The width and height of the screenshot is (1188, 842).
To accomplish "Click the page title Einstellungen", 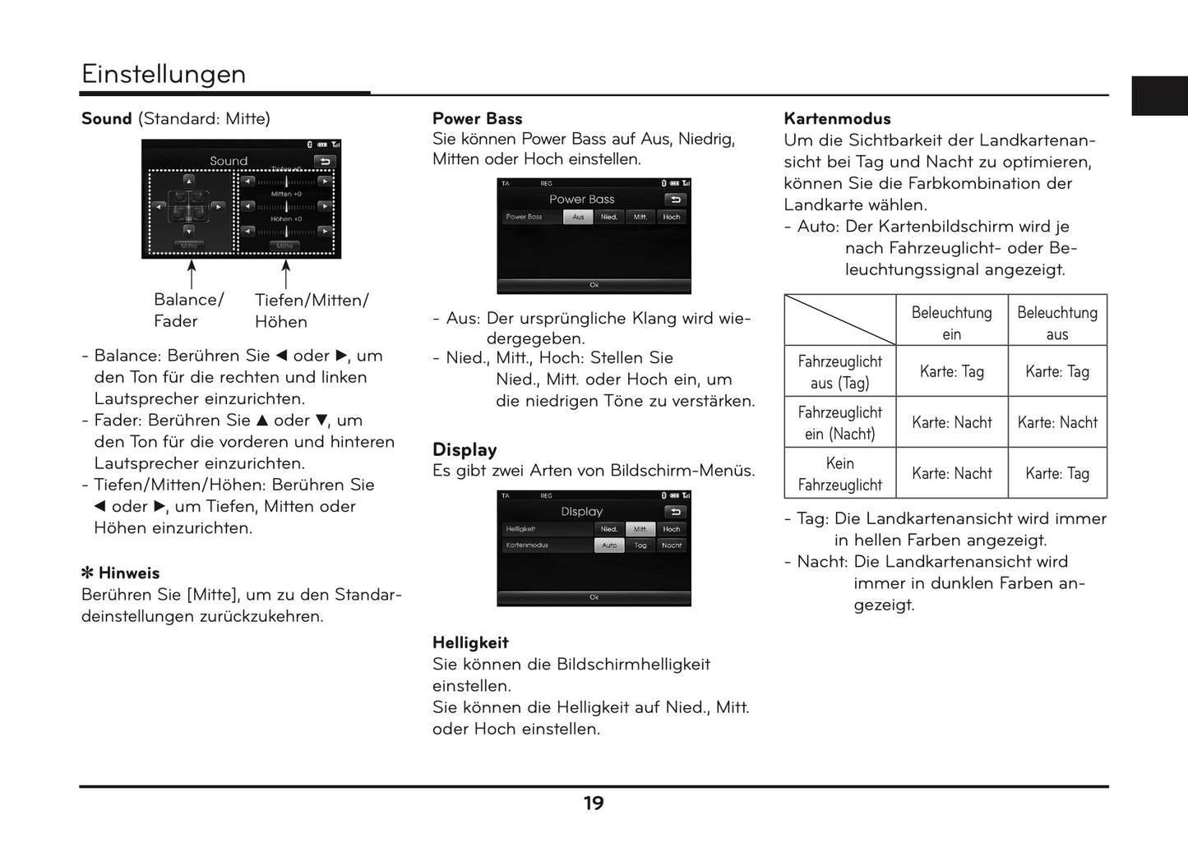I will pyautogui.click(x=163, y=74).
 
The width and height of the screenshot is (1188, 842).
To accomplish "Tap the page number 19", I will pyautogui.click(x=594, y=803).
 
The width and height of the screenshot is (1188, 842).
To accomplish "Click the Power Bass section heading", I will pyautogui.click(x=477, y=118).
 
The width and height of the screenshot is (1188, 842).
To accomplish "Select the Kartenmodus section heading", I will pyautogui.click(x=837, y=118).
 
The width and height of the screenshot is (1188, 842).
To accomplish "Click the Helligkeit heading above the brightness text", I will pyautogui.click(x=470, y=642).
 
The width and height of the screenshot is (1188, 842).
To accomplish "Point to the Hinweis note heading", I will pyautogui.click(x=121, y=573).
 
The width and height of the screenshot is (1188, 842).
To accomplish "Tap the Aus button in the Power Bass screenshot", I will pyautogui.click(x=578, y=217).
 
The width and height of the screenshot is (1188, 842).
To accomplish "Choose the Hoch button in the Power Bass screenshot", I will pyautogui.click(x=672, y=217).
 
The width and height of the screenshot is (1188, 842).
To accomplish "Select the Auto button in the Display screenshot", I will pyautogui.click(x=609, y=545).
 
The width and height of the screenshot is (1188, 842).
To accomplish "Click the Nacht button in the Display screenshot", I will pyautogui.click(x=672, y=545).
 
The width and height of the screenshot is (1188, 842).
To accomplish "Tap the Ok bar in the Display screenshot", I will pyautogui.click(x=594, y=597).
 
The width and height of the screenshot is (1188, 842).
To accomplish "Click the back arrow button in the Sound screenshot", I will pyautogui.click(x=325, y=161).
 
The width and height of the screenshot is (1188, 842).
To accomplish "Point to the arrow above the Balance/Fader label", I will pyautogui.click(x=192, y=274).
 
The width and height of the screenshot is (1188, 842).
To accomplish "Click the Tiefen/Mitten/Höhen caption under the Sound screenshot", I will pyautogui.click(x=311, y=311).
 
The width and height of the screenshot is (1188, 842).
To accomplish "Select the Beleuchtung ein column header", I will pyautogui.click(x=951, y=322).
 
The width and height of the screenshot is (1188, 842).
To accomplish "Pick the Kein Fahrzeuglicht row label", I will pyautogui.click(x=839, y=474).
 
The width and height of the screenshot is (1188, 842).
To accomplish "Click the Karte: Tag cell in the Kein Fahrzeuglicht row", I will pyautogui.click(x=1056, y=474).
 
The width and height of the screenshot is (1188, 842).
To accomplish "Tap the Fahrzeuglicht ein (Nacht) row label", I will pyautogui.click(x=839, y=423).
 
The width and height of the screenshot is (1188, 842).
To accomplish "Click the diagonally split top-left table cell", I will pyautogui.click(x=839, y=320).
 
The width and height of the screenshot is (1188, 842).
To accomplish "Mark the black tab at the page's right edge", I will pyautogui.click(x=1159, y=96).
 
